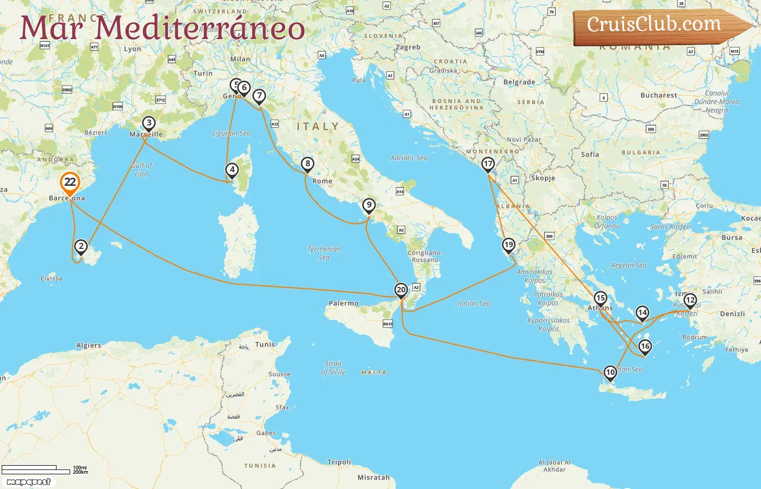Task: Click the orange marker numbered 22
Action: [x=70, y=183]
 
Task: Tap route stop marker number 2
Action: [x=81, y=247]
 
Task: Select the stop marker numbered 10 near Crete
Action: [x=610, y=373]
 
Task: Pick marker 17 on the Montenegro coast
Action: [x=488, y=164]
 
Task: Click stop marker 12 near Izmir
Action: [x=690, y=300]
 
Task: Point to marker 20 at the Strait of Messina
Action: [x=401, y=290]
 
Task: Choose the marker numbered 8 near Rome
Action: [x=308, y=164]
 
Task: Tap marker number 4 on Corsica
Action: [x=232, y=170]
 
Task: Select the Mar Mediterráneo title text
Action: [x=162, y=28]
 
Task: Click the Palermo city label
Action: [x=344, y=303]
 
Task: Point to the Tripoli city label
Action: [x=339, y=462]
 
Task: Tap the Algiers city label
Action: [x=89, y=346]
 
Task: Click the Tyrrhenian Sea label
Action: [x=324, y=253]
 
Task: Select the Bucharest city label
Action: [x=659, y=95]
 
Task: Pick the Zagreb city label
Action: [x=408, y=47]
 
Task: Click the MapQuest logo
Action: [x=28, y=482]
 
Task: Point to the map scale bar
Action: [x=36, y=469]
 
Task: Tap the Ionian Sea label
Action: [x=473, y=304]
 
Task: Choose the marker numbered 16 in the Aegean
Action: [x=645, y=346]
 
